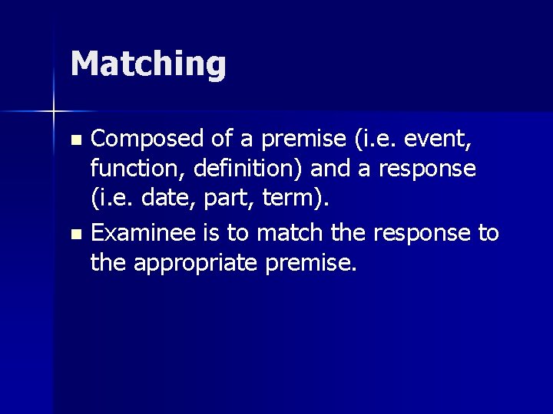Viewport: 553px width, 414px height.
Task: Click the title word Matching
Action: (148, 64)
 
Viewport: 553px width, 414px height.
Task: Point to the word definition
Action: (233, 168)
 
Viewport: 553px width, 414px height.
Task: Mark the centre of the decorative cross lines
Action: (54, 111)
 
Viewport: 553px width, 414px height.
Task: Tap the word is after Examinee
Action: (216, 233)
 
